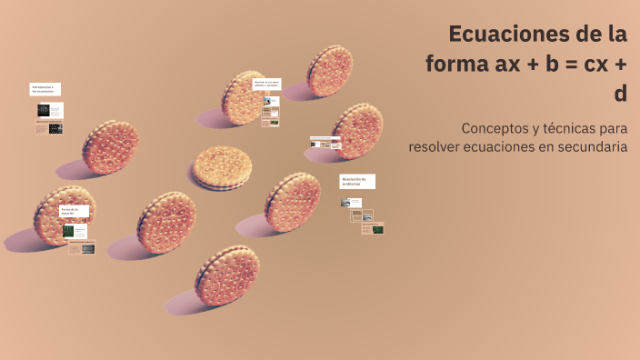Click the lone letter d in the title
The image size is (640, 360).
[x=621, y=93]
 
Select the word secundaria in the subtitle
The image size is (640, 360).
[x=592, y=146]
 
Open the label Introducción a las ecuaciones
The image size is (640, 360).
[x=45, y=89]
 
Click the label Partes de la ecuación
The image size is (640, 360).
[x=74, y=211]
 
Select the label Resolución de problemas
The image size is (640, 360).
[x=356, y=181]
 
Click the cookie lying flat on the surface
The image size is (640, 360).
[x=221, y=168]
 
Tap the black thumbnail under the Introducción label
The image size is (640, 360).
[x=44, y=110]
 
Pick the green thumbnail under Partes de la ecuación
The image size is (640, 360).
[x=68, y=231]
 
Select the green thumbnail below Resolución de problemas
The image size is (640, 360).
[x=377, y=229]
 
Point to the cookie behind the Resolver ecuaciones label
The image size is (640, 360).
[x=244, y=98]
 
